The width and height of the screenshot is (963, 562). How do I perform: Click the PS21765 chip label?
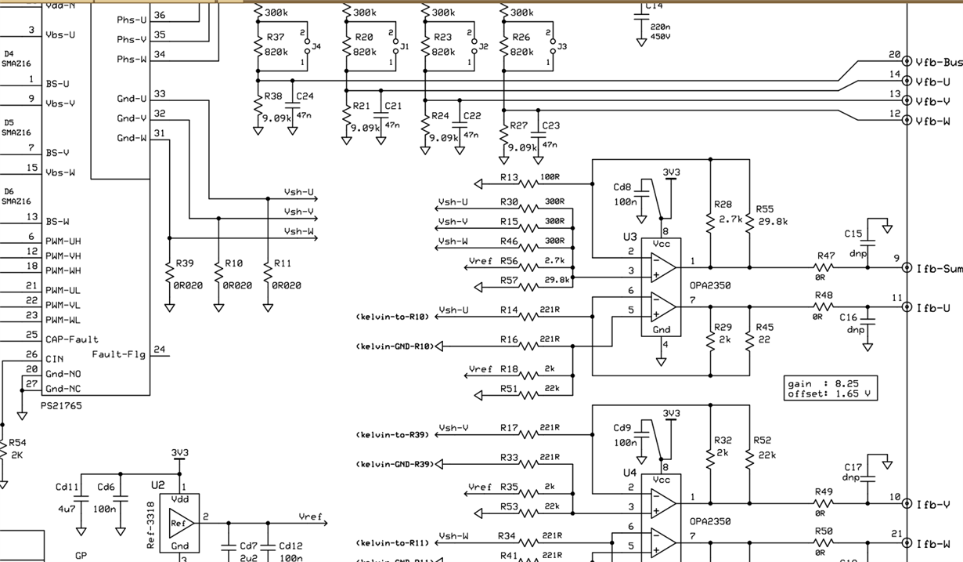coord(61,405)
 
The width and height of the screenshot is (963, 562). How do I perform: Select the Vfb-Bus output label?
coord(939,62)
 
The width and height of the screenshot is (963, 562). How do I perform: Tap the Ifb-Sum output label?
coord(940,269)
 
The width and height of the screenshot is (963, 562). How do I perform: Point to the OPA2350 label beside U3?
coord(709,285)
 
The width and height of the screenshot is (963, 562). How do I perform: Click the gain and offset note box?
coord(831,389)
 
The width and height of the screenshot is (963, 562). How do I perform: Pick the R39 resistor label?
coord(185,264)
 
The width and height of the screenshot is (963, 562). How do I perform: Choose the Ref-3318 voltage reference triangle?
coord(179,522)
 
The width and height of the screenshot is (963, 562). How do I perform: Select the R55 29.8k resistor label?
coord(764,210)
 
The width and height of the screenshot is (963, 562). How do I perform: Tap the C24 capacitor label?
coord(305,96)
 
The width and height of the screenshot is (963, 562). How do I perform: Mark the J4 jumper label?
coord(316,47)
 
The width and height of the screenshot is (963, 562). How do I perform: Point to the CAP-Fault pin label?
coord(71,339)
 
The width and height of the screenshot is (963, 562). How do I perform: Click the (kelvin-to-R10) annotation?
coord(392,317)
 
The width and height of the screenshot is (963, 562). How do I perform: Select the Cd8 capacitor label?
coord(622,187)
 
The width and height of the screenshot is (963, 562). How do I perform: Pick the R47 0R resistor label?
coord(825,256)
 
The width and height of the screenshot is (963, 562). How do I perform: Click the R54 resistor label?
coord(16,443)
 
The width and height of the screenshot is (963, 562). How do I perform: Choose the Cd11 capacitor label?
coord(67,487)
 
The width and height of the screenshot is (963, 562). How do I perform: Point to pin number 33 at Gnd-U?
coord(160,94)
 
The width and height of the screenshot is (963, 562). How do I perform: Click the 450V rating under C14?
coord(661,36)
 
